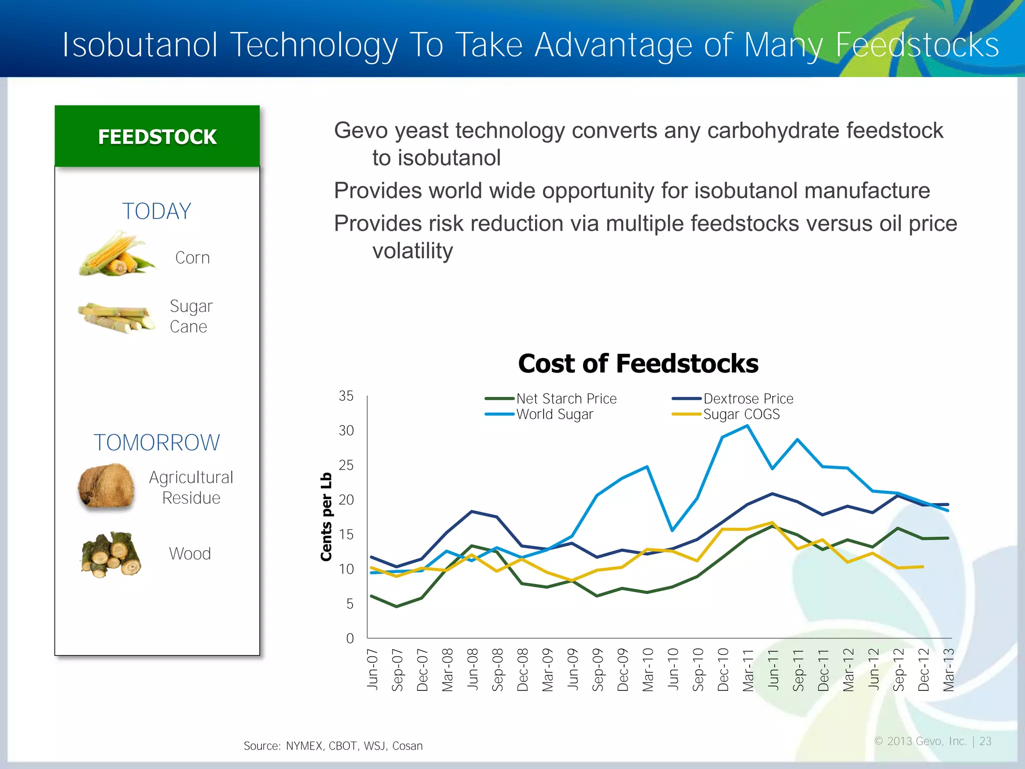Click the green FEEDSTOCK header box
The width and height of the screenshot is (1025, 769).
click(157, 137)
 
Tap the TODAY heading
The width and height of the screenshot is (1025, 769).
click(157, 211)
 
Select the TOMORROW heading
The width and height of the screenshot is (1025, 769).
click(157, 443)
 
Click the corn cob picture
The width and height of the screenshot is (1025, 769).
click(116, 254)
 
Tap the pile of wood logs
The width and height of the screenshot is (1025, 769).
click(111, 555)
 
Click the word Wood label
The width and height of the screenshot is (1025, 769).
click(190, 554)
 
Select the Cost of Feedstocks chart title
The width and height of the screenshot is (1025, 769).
click(638, 363)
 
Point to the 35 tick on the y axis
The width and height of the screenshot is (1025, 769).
click(346, 396)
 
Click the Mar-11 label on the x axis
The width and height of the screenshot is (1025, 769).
click(748, 670)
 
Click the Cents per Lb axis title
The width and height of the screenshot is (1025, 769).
click(326, 517)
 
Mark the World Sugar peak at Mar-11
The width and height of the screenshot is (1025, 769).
click(747, 426)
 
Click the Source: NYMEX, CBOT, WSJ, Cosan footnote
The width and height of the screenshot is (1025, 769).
click(333, 746)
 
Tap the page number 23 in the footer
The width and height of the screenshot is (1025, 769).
click(985, 741)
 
